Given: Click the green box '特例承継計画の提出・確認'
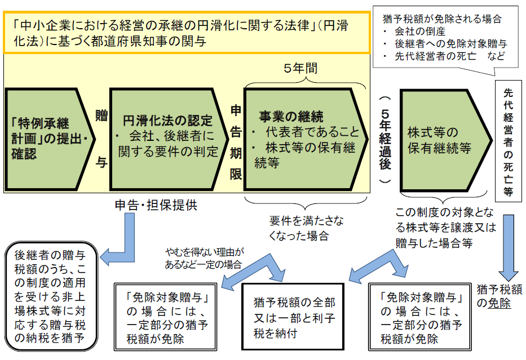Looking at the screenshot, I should tap(48, 138).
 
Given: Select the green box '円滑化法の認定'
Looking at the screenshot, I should tap(166, 138).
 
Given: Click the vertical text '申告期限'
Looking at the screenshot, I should tap(236, 141).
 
